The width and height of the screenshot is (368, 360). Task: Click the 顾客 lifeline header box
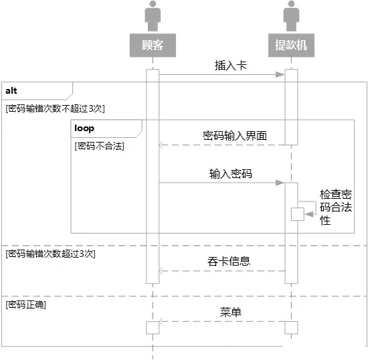153,45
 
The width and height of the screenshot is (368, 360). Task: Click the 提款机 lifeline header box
291,45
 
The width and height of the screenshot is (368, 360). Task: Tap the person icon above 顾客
153,15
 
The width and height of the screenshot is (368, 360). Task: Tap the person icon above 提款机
291,15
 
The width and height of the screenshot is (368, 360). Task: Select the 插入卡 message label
230,65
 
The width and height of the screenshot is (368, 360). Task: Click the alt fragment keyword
11,90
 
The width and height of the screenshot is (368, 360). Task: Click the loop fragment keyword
84,128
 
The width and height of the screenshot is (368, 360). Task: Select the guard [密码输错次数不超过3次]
55,108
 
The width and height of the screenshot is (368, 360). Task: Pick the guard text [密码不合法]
99,146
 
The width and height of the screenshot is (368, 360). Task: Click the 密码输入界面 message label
235,136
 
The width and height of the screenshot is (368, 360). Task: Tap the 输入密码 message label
231,174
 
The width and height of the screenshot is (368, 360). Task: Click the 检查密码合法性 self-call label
336,207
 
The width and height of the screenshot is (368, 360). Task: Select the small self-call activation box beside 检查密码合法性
298,214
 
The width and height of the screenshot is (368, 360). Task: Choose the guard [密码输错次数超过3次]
50,254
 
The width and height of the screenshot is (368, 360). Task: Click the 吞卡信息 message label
229,262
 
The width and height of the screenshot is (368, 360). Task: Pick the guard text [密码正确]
25,304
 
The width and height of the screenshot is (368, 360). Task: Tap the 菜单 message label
230,312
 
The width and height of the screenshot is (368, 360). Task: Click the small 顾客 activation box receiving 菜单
153,328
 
